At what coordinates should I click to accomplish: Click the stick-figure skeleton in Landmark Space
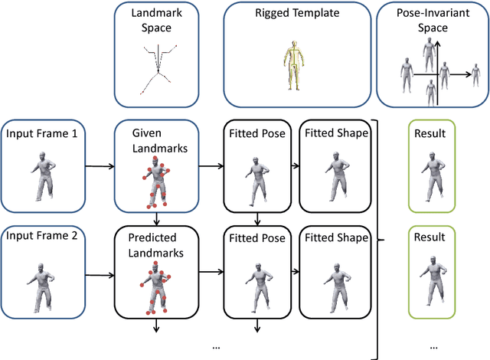coord(158,69)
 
